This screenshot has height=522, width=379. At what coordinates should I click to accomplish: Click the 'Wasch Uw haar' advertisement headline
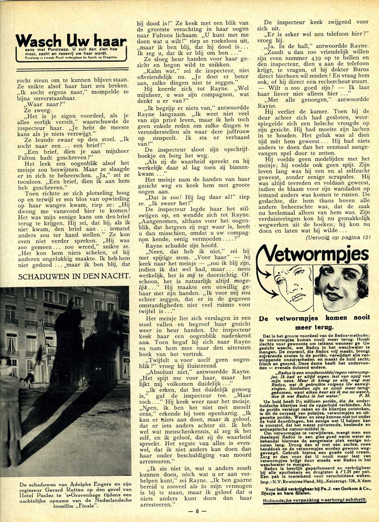click(x=71, y=41)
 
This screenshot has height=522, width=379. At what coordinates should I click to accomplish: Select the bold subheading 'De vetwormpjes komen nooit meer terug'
click(x=314, y=322)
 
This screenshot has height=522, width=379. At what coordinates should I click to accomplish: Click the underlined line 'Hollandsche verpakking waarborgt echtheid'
click(x=314, y=501)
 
